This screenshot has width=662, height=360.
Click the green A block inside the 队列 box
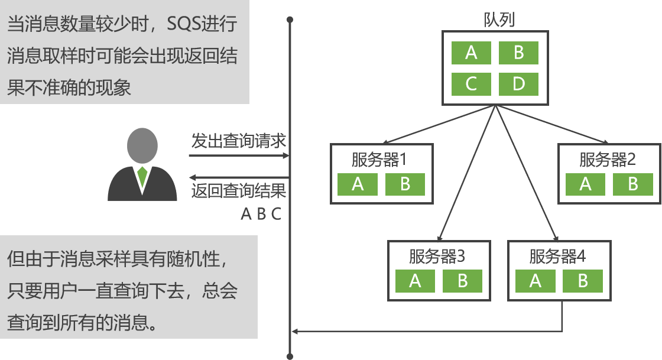[471, 53]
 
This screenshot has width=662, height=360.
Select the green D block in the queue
[518, 84]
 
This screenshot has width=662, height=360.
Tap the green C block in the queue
[471, 84]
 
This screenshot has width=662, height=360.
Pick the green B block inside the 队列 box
[518, 53]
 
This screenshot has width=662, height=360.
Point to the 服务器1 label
[380, 159]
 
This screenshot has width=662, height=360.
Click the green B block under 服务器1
[405, 184]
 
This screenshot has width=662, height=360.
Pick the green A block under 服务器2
[585, 184]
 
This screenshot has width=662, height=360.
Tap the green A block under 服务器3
[415, 281]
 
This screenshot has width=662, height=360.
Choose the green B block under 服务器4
[583, 281]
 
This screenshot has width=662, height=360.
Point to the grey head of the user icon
[142, 146]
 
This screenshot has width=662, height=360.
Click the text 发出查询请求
[238, 142]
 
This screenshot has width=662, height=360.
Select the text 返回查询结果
[238, 190]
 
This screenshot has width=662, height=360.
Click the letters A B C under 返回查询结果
[261, 213]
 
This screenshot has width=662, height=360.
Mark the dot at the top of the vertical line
[290, 20]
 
